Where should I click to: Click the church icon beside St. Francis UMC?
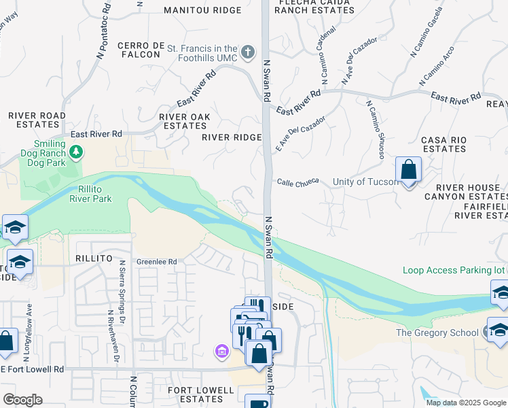coord(249,52)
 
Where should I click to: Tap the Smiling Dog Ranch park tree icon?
coord(77,150)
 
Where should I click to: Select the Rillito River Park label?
coord(90,193)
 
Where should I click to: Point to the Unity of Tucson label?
coord(366,182)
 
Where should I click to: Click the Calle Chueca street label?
coord(297,182)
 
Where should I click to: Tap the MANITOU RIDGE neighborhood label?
coord(203,10)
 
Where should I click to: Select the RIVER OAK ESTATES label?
coord(185,121)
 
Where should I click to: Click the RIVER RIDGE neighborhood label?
coord(232,137)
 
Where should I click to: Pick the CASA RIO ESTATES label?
coord(443,143)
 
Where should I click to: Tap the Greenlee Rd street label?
coord(156,261)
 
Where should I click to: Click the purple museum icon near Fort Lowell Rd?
coord(221,352)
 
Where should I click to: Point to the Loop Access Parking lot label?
coord(454,270)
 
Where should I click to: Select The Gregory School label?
coord(441,333)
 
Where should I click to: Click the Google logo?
coord(22,400)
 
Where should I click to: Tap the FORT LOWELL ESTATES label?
coord(201,395)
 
